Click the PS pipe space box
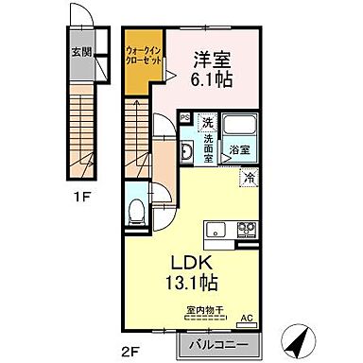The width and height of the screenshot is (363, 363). click(x=185, y=118)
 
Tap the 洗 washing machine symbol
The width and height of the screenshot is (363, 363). click(x=205, y=121)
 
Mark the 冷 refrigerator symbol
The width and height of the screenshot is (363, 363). click(x=250, y=177)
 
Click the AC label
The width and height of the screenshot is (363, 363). click(x=248, y=320)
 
